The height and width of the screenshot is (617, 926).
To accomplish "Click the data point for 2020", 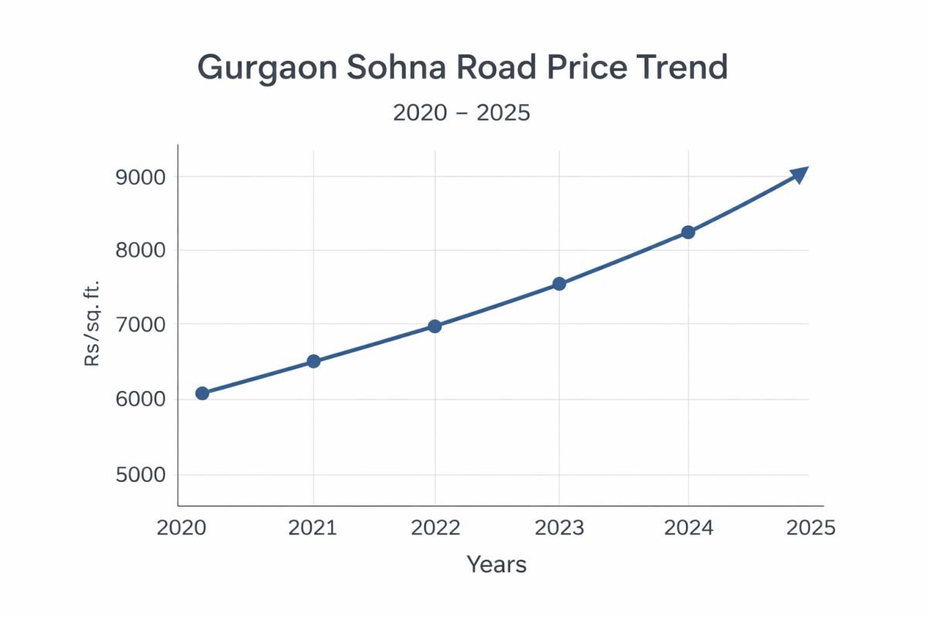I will point(202,393).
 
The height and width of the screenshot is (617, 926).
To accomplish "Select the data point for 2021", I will point(313,361).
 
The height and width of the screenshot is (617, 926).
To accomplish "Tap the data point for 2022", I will point(434,326).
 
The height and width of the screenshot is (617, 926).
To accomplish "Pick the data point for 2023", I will point(559,284).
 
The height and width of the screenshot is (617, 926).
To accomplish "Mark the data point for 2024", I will point(688,232).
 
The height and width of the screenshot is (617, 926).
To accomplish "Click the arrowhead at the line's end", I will point(799,174).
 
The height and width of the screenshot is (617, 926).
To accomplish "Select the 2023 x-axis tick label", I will point(559,528).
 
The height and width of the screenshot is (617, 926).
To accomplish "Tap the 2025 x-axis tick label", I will point(810,528).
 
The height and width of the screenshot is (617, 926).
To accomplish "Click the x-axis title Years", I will point(496,565).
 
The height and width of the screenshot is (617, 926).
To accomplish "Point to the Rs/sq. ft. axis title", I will point(93,324).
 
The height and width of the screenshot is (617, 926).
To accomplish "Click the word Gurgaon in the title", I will point(266,68).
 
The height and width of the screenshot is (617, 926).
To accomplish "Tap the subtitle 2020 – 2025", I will point(461,113).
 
